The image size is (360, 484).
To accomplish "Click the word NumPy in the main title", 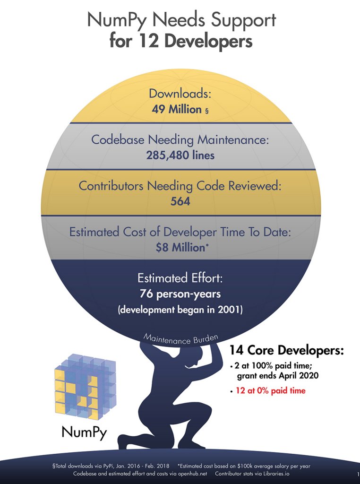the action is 115,21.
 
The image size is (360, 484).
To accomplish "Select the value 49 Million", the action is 177,109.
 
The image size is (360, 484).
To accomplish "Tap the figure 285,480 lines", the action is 180,155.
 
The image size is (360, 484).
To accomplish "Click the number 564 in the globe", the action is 180,201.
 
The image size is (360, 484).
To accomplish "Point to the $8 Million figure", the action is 180,247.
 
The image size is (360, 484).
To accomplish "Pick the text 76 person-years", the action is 180,294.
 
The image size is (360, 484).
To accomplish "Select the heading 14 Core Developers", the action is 286,351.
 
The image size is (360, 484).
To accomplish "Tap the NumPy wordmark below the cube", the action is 84,432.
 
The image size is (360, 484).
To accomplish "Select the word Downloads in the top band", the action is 180,94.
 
